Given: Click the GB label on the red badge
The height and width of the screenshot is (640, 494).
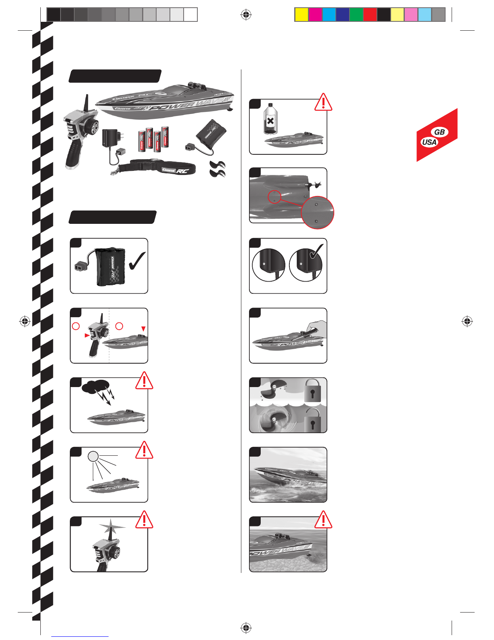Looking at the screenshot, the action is click(x=440, y=132).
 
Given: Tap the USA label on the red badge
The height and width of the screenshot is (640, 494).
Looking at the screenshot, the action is click(x=429, y=142).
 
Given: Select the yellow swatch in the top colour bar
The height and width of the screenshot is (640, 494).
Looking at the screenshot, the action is click(x=301, y=15).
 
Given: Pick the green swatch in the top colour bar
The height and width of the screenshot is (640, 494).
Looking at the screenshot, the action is click(x=356, y=15).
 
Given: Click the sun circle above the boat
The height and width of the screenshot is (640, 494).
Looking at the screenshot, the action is click(x=93, y=456).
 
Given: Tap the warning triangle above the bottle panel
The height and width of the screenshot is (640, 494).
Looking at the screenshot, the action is click(x=323, y=103).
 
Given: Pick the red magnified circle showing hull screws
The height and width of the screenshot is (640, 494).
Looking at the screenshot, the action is click(x=318, y=213).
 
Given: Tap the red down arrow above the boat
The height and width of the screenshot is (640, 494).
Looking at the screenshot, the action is click(x=143, y=329).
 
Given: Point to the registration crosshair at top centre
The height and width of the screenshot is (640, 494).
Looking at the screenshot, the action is click(x=246, y=15).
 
